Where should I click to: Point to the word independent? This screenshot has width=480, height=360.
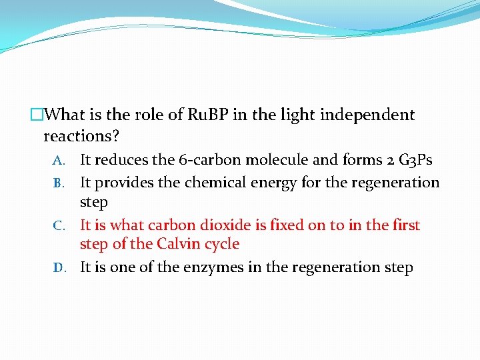tap(367, 115)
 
